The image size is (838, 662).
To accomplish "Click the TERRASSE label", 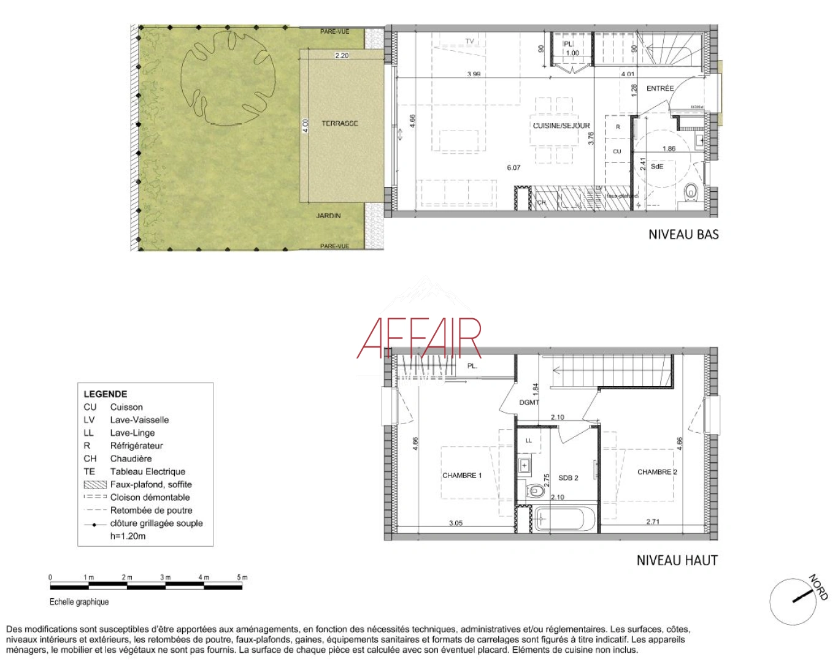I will point(339,124).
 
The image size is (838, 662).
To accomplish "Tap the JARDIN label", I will point(328,216).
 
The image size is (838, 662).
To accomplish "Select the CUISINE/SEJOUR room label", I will point(561,126).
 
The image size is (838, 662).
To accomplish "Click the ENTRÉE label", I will point(660,89).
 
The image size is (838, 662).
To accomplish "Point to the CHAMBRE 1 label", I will point(462,476).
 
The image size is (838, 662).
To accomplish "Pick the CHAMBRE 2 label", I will point(657,472).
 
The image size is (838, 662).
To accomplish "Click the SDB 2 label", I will point(568,478).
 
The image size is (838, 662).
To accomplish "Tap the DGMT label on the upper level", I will point(529,403).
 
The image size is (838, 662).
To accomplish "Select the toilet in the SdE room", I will point(691,192).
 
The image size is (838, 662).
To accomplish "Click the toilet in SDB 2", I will point(536,490).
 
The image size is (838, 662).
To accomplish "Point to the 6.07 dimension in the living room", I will point(513,167).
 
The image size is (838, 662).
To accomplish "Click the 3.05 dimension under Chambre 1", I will point(455,523).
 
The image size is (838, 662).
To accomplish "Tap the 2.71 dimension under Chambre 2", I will point(653,522).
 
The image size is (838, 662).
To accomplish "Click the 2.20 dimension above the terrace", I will point(342,56).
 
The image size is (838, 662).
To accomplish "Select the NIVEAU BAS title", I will point(683,234).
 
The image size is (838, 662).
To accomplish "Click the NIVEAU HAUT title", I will point(677,560).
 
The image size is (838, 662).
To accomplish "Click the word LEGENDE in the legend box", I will point(106,394).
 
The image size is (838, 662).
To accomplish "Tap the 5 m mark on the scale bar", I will point(242,577).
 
